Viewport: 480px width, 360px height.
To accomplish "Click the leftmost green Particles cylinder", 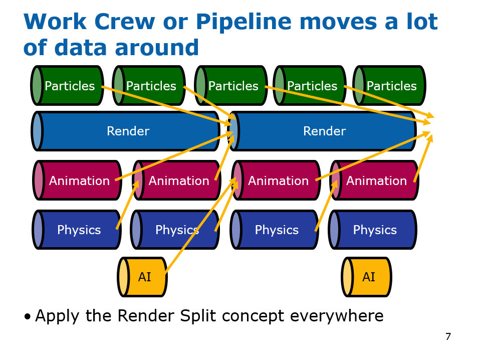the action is [67, 85].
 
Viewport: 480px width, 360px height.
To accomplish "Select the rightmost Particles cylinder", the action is [389, 85].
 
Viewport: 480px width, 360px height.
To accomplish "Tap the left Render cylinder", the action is [125, 131].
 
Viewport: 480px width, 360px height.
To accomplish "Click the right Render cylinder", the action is [323, 131].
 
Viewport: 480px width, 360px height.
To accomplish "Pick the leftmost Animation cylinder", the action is [78, 180].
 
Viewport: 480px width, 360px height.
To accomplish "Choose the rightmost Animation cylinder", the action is [374, 180].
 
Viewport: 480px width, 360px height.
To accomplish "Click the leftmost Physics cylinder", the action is [77, 230].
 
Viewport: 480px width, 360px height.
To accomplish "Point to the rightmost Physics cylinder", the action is [373, 230].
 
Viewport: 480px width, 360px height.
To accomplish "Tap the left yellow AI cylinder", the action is [142, 277].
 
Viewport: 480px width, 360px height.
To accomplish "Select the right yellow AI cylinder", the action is [366, 277].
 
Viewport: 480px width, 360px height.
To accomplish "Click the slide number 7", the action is [448, 337].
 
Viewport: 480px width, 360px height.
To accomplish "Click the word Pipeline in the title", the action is [244, 23].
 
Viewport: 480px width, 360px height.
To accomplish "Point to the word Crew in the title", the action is [125, 22].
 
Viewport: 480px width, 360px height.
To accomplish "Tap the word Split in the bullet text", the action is [198, 316].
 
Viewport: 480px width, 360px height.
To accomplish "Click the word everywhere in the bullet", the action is [336, 316].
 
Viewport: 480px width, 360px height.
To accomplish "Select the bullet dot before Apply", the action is [28, 317].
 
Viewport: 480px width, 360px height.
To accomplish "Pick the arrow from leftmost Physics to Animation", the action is [128, 205].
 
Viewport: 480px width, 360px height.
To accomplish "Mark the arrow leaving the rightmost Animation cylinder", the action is [423, 158].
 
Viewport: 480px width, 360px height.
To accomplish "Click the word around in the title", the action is [157, 48].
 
